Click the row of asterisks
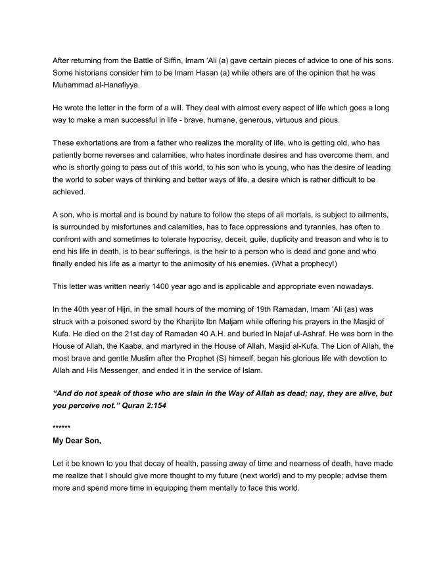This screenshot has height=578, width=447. [61, 427]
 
